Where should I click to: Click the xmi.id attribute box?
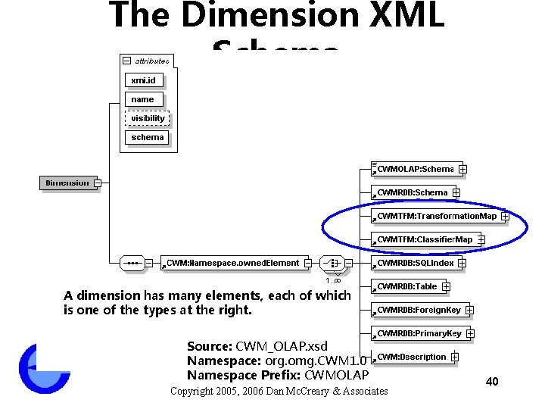tap(143, 80)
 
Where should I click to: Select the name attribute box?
tap(143, 99)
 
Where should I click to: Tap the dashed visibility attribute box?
tap(148, 118)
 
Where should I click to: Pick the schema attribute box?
tap(148, 137)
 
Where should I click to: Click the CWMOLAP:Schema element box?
tap(415, 169)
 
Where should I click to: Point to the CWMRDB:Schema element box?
tap(412, 192)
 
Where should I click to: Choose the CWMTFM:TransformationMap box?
tap(436, 216)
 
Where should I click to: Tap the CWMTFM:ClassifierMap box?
tap(424, 239)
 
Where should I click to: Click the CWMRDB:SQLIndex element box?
tap(415, 263)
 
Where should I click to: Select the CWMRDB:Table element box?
tap(406, 286)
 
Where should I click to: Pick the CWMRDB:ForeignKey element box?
tap(418, 310)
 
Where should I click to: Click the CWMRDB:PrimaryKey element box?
tap(419, 333)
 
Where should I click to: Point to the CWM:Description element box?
tap(411, 357)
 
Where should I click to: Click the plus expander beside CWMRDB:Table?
tap(446, 286)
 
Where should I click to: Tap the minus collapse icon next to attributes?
tap(126, 61)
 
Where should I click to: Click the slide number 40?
tap(492, 381)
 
